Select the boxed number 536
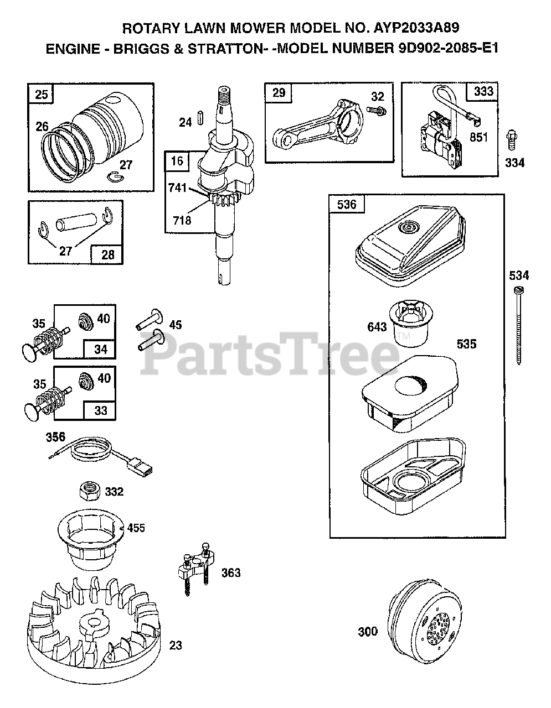coord(347,205)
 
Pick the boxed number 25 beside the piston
coord(41,95)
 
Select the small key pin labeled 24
coord(204,119)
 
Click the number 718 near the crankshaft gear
coord(182,220)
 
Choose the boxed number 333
coord(483,92)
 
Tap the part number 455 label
coord(136,528)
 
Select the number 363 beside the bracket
coord(231,572)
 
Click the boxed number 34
coord(100,350)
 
